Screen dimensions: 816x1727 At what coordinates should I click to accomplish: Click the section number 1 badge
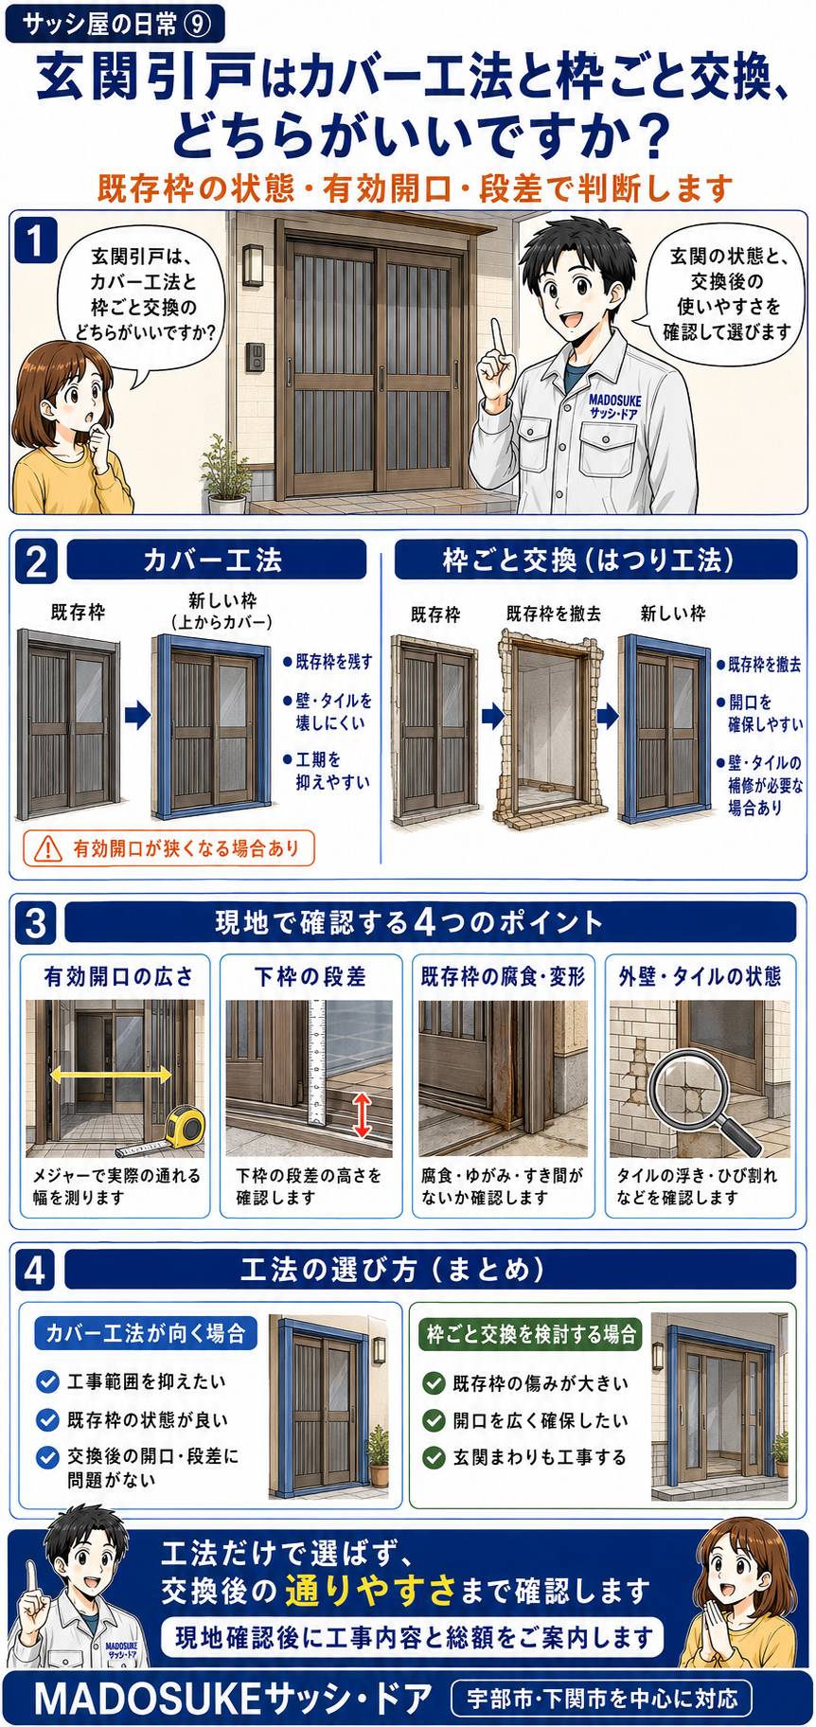pos(36,240)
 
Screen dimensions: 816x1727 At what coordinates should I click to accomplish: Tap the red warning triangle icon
pos(47,848)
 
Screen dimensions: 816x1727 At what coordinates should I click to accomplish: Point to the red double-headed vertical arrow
pos(361,1115)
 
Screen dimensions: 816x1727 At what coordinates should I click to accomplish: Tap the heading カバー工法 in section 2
pos(212,561)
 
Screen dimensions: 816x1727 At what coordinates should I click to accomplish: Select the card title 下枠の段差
pos(310,977)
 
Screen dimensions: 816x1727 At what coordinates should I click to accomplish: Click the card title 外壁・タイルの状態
pos(701,977)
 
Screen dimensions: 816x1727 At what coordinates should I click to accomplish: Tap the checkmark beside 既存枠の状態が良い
pos(47,1419)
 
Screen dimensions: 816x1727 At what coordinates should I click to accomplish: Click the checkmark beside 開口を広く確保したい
pos(434,1420)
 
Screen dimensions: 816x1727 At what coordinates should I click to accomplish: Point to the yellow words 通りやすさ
pos(371,1591)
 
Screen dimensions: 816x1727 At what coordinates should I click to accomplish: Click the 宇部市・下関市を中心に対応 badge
pos(602,1699)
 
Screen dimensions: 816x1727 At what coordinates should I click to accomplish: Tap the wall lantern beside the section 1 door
pos(253,264)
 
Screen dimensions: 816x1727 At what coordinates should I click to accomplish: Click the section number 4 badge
pos(35,1270)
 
